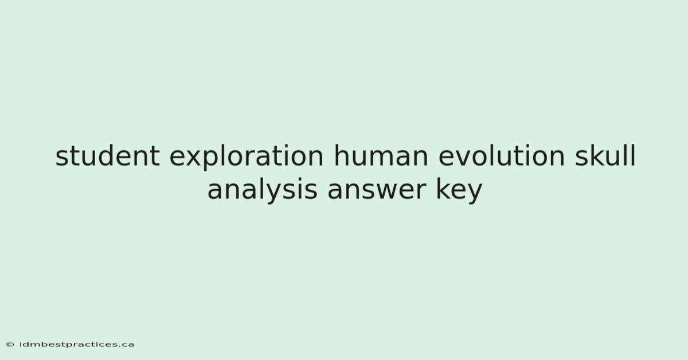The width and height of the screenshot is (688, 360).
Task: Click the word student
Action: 108,156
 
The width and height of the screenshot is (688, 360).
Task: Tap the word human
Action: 381,156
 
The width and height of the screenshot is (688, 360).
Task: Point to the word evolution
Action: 502,156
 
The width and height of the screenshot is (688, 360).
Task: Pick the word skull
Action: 605,156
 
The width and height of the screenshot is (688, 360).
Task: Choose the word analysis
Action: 263,189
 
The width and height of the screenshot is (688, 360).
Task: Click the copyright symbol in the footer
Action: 10,345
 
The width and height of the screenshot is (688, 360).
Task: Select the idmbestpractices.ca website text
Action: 77,345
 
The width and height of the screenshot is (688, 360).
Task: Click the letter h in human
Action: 342,155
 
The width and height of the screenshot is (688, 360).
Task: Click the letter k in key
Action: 444,189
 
